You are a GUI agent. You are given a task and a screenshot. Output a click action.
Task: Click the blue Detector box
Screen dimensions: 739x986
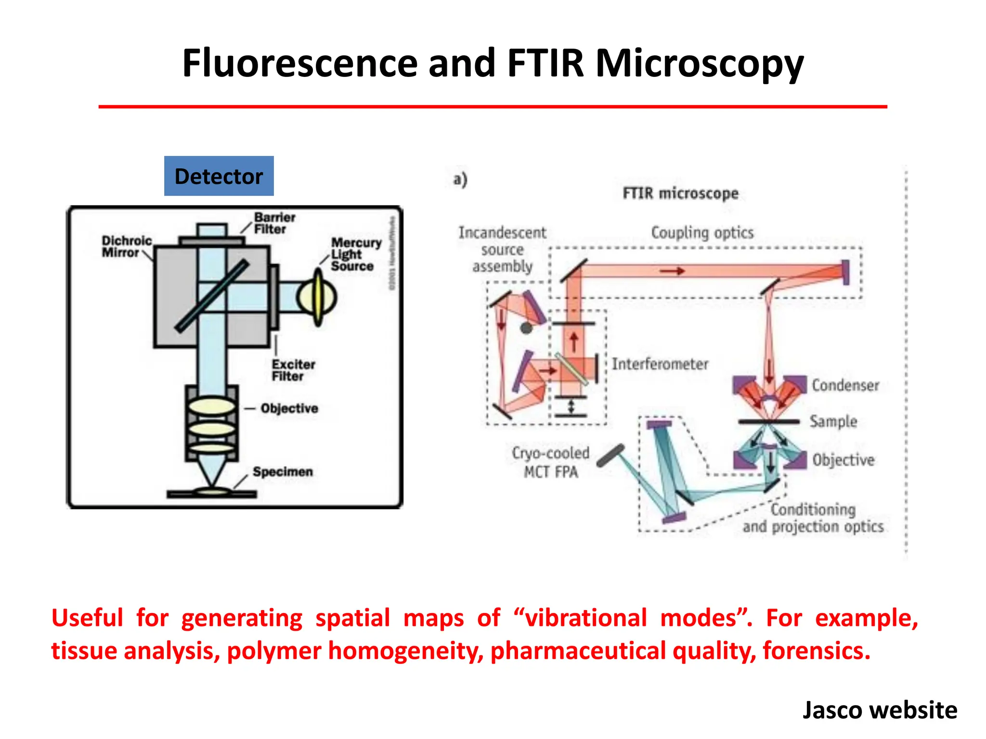pyautogui.click(x=219, y=176)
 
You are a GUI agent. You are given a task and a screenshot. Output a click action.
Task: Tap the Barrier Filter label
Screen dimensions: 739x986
pyautogui.click(x=274, y=223)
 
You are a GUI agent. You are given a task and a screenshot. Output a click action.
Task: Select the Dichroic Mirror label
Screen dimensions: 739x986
pyautogui.click(x=126, y=247)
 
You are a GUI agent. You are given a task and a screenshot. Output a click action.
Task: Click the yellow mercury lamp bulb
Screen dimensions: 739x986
pyautogui.click(x=317, y=297)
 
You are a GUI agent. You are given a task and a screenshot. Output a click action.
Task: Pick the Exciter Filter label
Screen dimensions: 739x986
pyautogui.click(x=293, y=370)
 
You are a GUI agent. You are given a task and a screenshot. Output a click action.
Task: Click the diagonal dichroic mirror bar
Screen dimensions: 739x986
pyautogui.click(x=212, y=296)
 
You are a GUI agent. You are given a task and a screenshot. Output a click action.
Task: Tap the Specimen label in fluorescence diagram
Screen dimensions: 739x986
pyautogui.click(x=283, y=471)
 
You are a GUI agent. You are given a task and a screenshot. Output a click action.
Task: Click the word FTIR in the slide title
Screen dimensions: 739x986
pyautogui.click(x=545, y=64)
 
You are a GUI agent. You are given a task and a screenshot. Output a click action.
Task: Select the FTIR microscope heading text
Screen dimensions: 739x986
pyautogui.click(x=680, y=193)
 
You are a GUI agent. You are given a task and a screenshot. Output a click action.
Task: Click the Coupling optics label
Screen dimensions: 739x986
pyautogui.click(x=702, y=233)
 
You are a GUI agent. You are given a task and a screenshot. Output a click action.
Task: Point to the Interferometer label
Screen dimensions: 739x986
pyautogui.click(x=660, y=364)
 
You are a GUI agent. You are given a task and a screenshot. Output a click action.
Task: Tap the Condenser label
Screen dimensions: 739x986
pyautogui.click(x=845, y=385)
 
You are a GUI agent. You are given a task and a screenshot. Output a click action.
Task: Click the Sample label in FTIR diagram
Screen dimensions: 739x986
pyautogui.click(x=833, y=421)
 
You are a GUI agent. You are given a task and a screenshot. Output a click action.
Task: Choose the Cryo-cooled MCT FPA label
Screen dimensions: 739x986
pyautogui.click(x=550, y=462)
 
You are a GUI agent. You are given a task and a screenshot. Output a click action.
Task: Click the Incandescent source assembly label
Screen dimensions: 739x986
pyautogui.click(x=502, y=250)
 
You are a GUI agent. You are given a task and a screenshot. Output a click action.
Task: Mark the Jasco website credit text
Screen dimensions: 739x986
pyautogui.click(x=880, y=710)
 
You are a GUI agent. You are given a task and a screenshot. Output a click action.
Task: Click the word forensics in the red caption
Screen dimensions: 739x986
pyautogui.click(x=817, y=651)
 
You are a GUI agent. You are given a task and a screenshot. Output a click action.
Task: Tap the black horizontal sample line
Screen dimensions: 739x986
pyautogui.click(x=768, y=422)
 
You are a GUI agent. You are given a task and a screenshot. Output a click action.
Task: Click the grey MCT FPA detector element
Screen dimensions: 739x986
pyautogui.click(x=610, y=455)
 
